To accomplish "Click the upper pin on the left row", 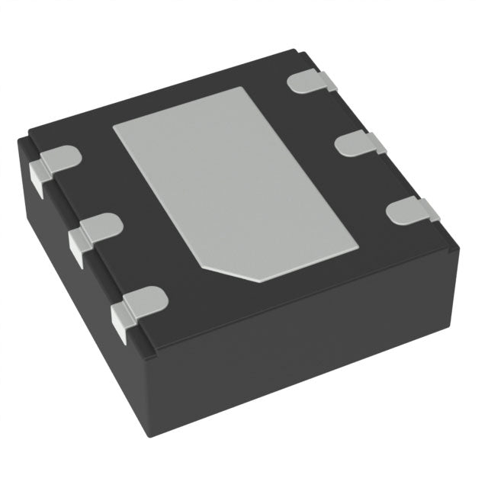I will point(61,159).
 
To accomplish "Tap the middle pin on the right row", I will point(357,143).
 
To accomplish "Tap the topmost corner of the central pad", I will point(240,88).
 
